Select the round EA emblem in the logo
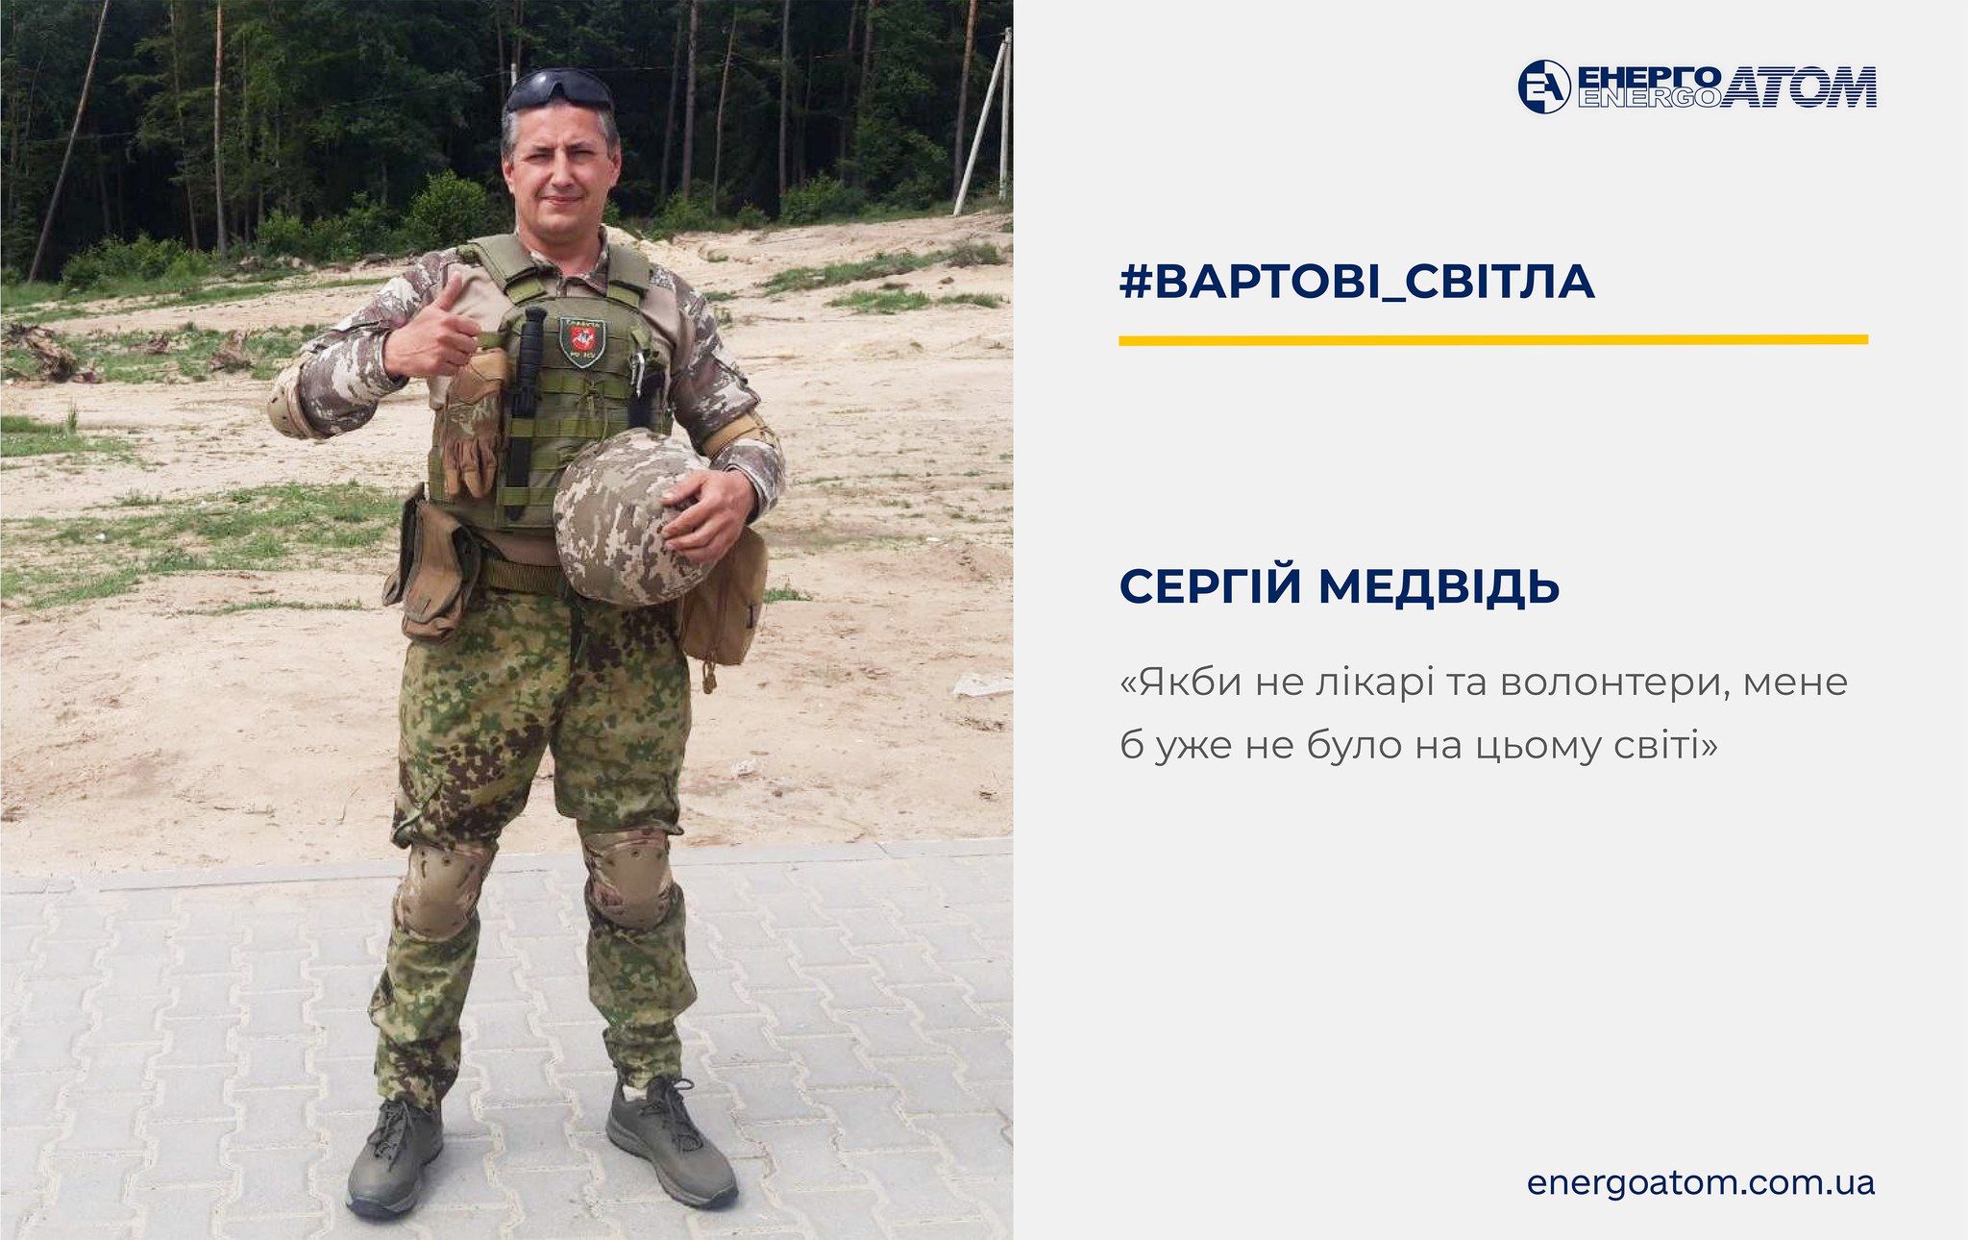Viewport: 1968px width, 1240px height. click(1543, 87)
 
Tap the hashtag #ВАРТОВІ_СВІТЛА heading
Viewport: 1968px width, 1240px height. click(1357, 281)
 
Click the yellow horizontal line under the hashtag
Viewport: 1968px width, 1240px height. click(1492, 339)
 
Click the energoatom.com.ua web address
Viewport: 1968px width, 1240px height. click(1700, 1181)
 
